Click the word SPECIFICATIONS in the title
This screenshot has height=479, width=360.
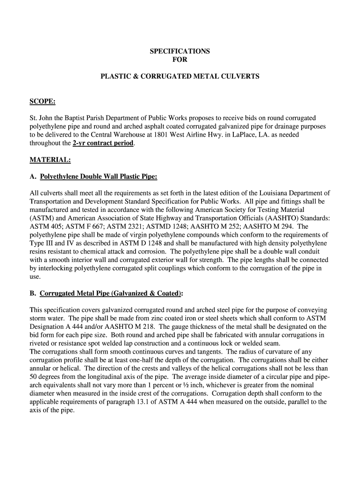[180, 51]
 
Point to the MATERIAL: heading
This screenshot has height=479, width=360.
[50, 160]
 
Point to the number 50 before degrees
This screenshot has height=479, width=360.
[34, 376]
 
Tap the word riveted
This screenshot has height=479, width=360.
[40, 343]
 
